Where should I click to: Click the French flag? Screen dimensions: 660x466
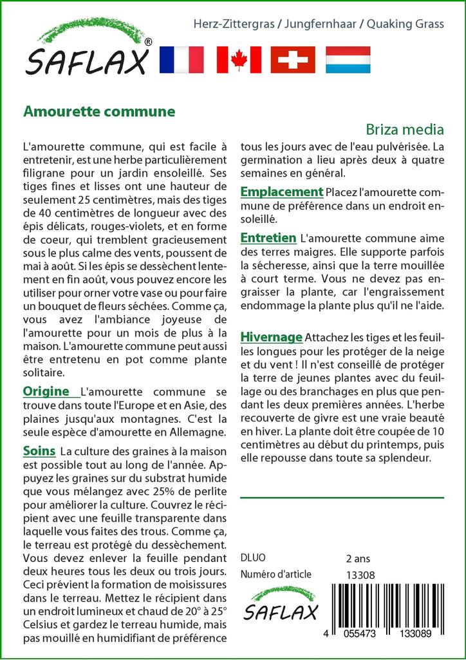click(181, 59)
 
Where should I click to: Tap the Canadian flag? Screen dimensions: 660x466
click(239, 59)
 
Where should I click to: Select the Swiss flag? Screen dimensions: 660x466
click(293, 59)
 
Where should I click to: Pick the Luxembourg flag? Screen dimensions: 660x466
click(348, 59)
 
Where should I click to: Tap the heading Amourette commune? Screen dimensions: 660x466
click(99, 111)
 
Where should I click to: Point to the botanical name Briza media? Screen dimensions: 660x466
click(405, 129)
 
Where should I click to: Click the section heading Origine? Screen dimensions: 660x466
click(46, 391)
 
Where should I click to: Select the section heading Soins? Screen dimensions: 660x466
click(39, 450)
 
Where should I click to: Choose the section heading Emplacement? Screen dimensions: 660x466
click(281, 191)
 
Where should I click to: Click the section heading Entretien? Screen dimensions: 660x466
click(268, 238)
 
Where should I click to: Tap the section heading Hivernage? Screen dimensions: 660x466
click(271, 336)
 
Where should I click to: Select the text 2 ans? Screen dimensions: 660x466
click(358, 558)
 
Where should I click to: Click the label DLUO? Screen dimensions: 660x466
click(252, 558)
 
